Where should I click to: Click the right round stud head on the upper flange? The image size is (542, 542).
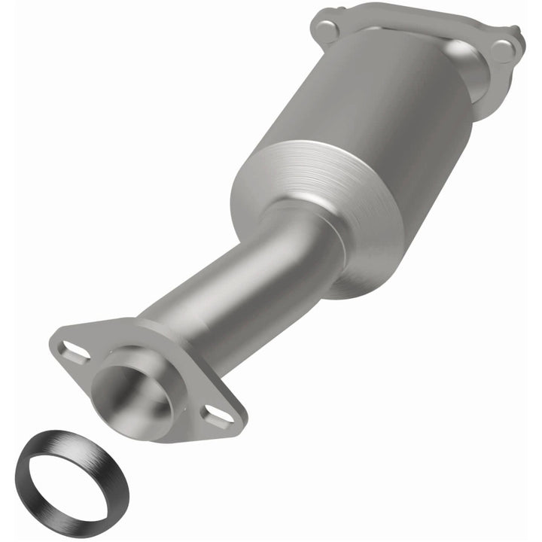pos(502,51)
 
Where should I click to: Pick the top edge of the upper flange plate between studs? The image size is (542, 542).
pos(414,19)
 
